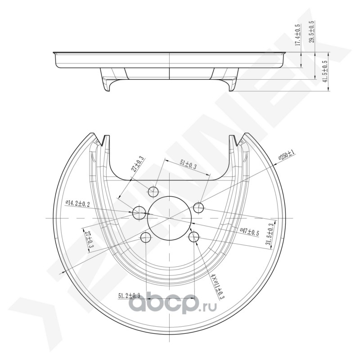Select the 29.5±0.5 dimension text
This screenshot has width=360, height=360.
point(311,31)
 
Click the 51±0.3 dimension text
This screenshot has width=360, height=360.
point(188,165)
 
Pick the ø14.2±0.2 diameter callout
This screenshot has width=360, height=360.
point(78,204)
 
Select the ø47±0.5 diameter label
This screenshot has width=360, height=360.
point(249,232)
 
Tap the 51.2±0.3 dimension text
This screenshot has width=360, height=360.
point(129,296)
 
